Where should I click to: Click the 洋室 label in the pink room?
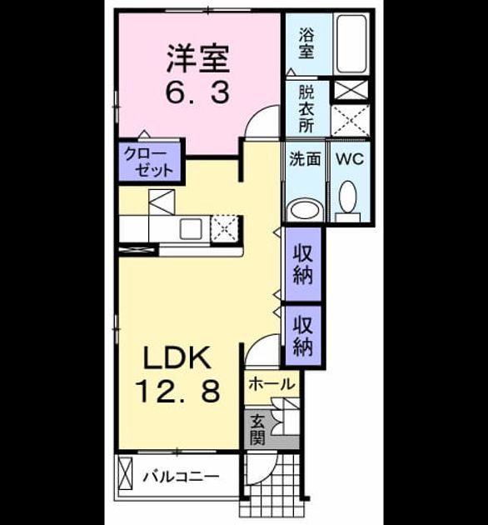tap(198, 59)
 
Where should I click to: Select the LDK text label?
tap(177, 358)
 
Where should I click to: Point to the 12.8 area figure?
tap(177, 391)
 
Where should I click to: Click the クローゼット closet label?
tap(149, 162)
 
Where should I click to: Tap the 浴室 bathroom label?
tap(306, 43)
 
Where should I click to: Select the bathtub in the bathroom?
tap(351, 44)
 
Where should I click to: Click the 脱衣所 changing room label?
tap(306, 109)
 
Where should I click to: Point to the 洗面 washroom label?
tap(305, 158)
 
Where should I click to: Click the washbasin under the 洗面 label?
tap(306, 210)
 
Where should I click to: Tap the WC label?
tap(350, 158)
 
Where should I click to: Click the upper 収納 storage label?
tap(303, 264)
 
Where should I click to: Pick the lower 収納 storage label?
tap(303, 336)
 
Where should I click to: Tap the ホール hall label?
tap(271, 384)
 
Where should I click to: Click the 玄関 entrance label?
tap(257, 430)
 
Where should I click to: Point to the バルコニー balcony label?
tap(181, 476)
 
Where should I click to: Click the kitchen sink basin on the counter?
tap(191, 228)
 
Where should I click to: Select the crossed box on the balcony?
tap(126, 474)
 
